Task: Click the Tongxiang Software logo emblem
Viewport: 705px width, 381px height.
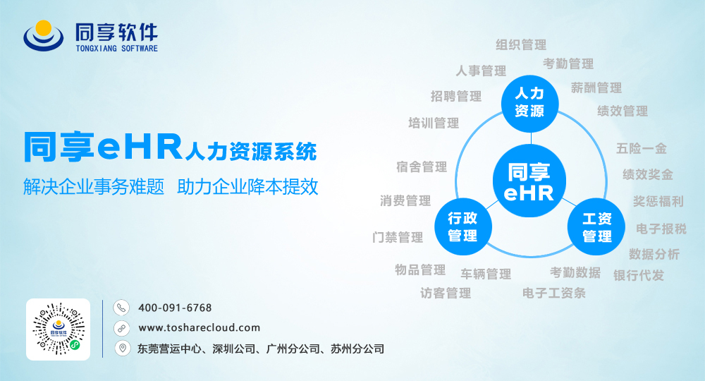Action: (x=44, y=35)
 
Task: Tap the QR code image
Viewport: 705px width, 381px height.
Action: (x=58, y=329)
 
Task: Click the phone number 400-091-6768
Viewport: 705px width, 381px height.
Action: (x=175, y=308)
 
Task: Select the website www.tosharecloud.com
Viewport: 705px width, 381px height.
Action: (x=200, y=327)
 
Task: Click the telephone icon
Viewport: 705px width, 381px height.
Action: (x=121, y=308)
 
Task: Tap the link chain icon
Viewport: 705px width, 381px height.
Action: (x=121, y=328)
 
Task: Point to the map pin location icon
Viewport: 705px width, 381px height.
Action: (x=122, y=348)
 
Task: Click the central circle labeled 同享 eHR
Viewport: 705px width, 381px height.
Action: (x=529, y=181)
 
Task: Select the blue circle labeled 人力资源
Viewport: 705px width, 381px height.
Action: (x=530, y=104)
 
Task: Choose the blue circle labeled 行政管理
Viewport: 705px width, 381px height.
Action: (x=463, y=226)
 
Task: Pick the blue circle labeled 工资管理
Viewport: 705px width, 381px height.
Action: (x=596, y=226)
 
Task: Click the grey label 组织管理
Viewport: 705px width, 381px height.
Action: (x=521, y=44)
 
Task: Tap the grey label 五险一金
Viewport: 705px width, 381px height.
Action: (x=641, y=148)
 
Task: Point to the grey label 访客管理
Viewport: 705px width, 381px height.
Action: (x=446, y=294)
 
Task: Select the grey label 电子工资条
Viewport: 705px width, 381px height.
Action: (x=554, y=294)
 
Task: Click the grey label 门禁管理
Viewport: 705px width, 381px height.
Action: (x=398, y=237)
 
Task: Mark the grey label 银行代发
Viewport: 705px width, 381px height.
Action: (x=639, y=275)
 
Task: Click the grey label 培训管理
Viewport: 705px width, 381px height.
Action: (x=434, y=123)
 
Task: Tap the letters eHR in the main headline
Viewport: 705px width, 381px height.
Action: (x=140, y=147)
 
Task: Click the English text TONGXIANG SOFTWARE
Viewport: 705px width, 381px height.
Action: (x=117, y=48)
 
